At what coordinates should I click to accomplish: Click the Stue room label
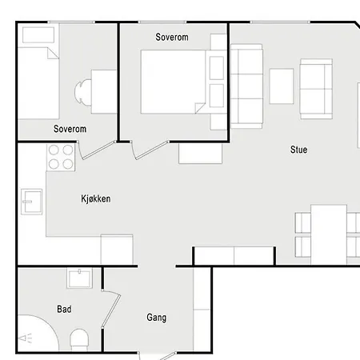[298, 150]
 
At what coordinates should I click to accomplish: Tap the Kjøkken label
[96, 198]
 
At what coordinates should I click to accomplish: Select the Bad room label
[64, 309]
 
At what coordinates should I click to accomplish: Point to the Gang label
[157, 318]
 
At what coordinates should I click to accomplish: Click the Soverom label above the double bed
[172, 37]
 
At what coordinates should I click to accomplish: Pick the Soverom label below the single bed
[70, 129]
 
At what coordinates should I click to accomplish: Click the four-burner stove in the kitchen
[61, 158]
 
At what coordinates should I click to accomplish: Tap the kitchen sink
[32, 202]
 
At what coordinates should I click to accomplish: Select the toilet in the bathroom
[79, 339]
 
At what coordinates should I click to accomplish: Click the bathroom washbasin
[79, 278]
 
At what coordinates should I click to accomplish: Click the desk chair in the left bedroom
[82, 92]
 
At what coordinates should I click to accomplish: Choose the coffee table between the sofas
[282, 86]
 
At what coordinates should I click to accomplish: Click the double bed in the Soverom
[174, 82]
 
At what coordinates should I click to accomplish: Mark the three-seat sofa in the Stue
[246, 86]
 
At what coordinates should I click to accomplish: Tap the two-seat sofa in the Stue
[316, 89]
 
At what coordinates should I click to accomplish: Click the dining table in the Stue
[329, 234]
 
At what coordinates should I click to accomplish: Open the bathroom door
[110, 310]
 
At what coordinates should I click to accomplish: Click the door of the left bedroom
[97, 150]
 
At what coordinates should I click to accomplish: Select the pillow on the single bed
[38, 34]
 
